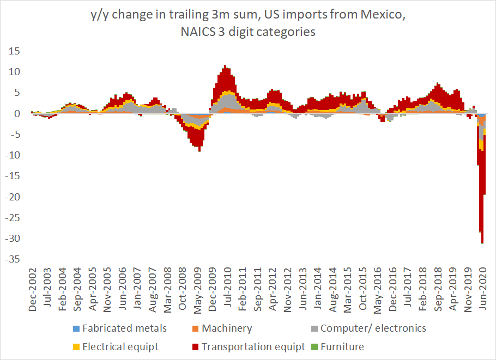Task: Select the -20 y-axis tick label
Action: point(11,197)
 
